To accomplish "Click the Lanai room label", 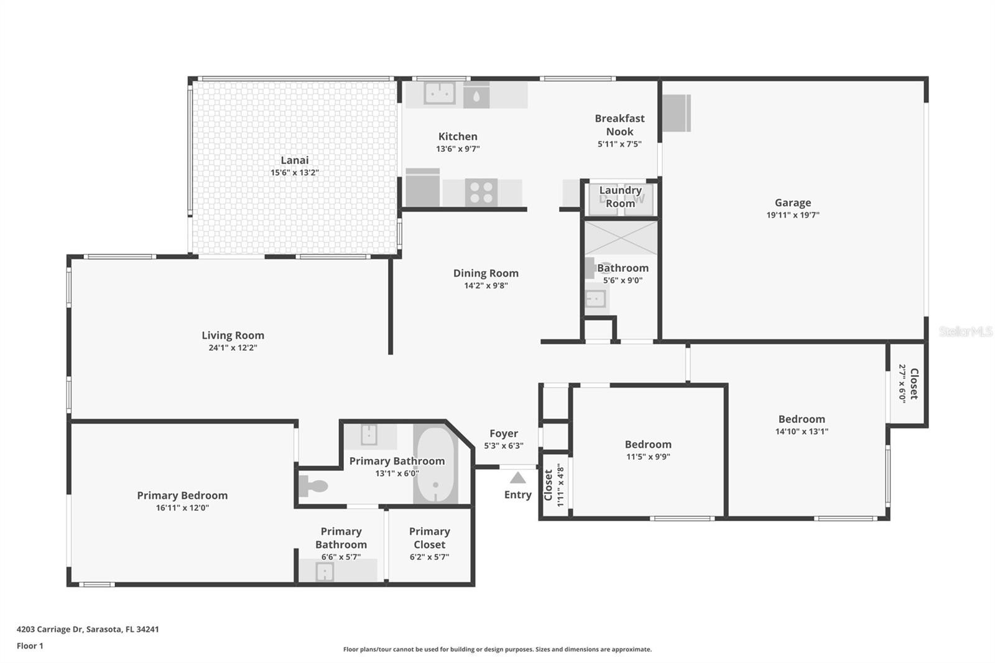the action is tap(295, 160).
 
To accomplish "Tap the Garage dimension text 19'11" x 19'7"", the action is tap(793, 215).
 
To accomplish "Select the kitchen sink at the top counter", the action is tap(439, 93).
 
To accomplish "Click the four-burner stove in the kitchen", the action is tap(481, 192).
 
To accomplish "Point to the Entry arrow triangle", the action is tap(517, 478).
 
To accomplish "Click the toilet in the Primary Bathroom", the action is tap(313, 486).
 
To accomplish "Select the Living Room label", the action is tap(233, 335).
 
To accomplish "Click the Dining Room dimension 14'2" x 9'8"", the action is tap(486, 285).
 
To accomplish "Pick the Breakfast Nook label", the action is tap(619, 125).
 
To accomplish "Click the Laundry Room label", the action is tap(621, 197).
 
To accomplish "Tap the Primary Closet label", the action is tap(430, 538).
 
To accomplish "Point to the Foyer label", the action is tap(504, 433).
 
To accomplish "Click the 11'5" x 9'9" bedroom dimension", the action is tap(648, 457).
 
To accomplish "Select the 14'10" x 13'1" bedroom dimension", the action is tap(802, 432).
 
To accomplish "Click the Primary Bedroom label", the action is tap(182, 496).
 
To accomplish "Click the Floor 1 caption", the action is tap(30, 646).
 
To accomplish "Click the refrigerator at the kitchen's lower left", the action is tap(422, 188).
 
